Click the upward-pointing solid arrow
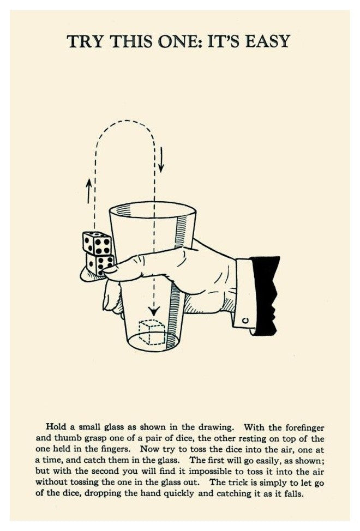[89, 191]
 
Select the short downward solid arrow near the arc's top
[161, 159]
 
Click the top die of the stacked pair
[97, 243]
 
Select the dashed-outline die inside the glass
[152, 333]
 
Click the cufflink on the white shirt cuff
[246, 319]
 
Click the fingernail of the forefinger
[110, 270]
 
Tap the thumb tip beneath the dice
[89, 275]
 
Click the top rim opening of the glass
[153, 209]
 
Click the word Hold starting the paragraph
[56, 427]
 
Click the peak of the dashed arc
[125, 120]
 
